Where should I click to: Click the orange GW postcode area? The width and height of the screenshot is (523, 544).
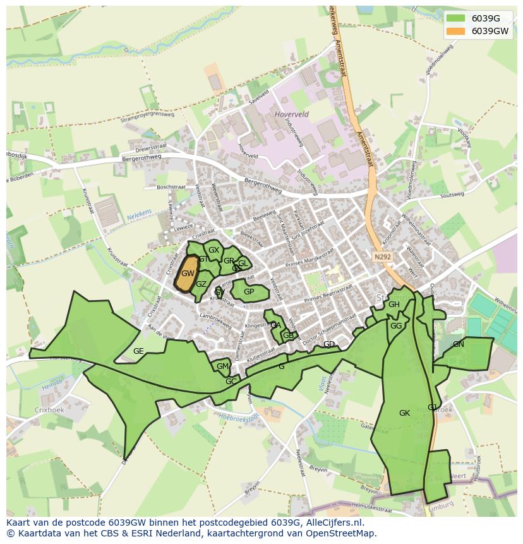tap(186, 274)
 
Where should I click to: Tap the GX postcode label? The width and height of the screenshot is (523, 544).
tap(214, 250)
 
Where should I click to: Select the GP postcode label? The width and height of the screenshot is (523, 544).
tap(249, 292)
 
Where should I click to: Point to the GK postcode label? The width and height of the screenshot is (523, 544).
tap(405, 413)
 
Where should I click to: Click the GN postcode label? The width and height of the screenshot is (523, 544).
tap(459, 344)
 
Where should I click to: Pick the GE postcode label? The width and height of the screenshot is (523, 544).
tap(138, 351)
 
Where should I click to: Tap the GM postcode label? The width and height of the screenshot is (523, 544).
tap(222, 366)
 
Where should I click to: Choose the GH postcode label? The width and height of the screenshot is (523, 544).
tap(394, 305)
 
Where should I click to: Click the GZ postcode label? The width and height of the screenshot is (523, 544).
tap(201, 284)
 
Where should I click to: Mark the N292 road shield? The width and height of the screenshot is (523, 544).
tap(382, 257)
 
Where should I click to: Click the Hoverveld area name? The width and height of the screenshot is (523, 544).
tap(292, 114)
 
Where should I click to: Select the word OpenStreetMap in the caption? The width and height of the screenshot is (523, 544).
tap(346, 533)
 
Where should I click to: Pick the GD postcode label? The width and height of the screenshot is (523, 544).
tap(329, 344)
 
